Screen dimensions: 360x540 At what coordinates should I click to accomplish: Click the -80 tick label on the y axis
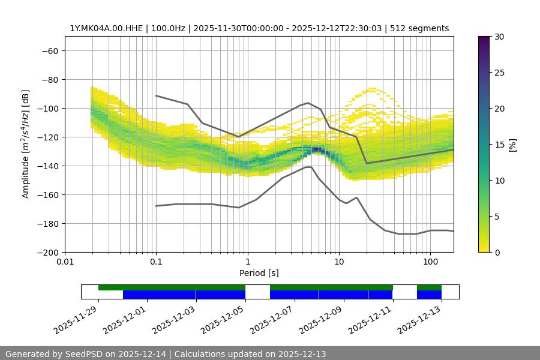[x=49, y=79]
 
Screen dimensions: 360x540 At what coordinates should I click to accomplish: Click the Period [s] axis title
[x=259, y=273]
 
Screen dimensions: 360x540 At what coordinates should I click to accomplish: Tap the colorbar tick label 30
[x=499, y=37]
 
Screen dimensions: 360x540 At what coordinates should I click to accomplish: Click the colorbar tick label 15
[x=499, y=145]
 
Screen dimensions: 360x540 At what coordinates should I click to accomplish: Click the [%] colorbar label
[x=512, y=145]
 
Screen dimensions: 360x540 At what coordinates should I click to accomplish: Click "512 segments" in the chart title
[x=419, y=28]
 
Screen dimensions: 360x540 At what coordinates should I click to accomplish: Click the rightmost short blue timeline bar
[x=429, y=295]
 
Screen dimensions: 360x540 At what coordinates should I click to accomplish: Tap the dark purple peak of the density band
[x=316, y=149]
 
